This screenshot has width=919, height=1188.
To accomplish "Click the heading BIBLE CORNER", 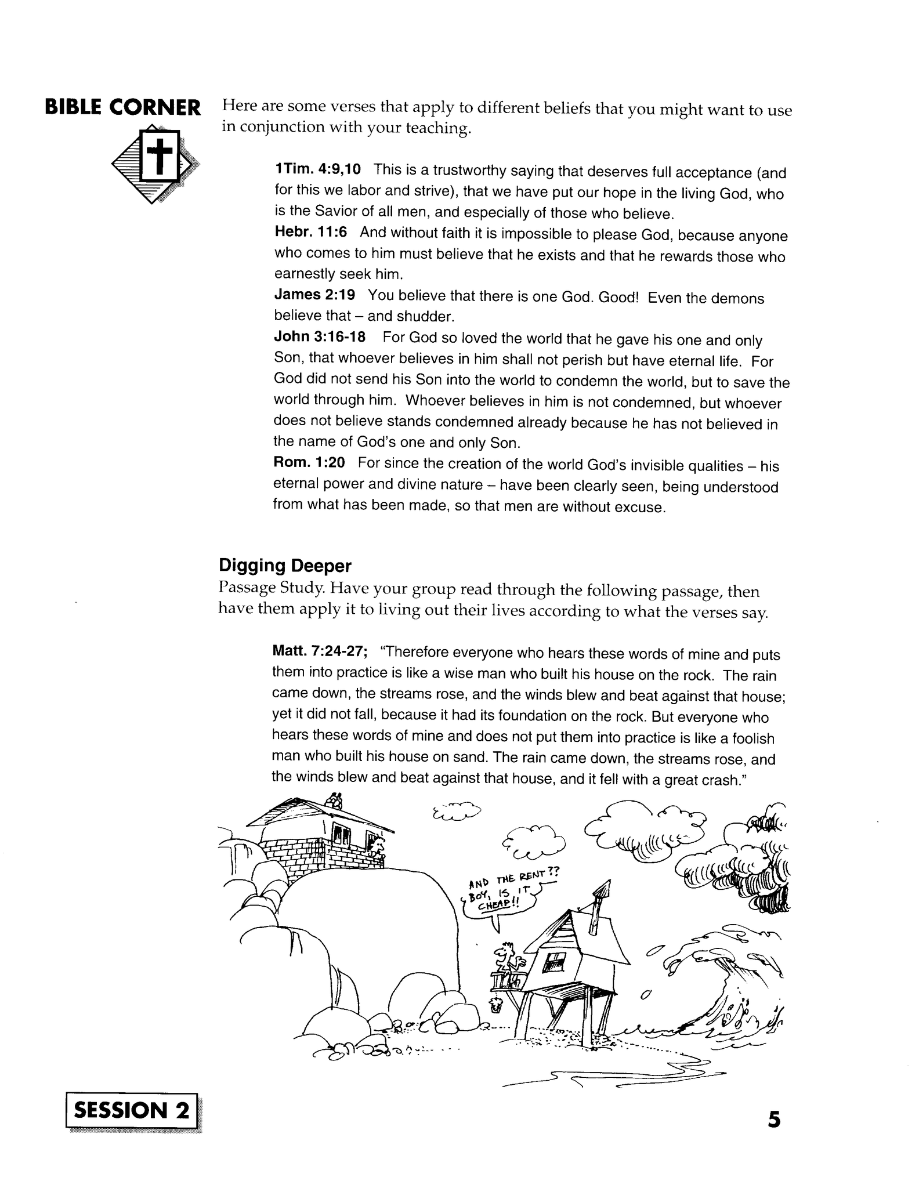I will [123, 108].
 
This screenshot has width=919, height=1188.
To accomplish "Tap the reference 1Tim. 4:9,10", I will [317, 169].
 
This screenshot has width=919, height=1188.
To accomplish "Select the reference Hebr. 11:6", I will [310, 232].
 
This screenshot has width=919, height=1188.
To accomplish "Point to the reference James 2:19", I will [314, 295].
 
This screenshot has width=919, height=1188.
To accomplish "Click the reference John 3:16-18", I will [319, 337].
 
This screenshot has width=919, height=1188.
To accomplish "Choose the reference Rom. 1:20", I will [309, 462].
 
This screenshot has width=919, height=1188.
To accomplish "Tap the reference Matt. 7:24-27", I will [320, 651].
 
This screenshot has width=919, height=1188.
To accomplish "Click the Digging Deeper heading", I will [285, 565].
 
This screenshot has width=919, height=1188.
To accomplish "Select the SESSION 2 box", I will [132, 1110].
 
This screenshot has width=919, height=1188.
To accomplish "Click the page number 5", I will [774, 1119].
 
